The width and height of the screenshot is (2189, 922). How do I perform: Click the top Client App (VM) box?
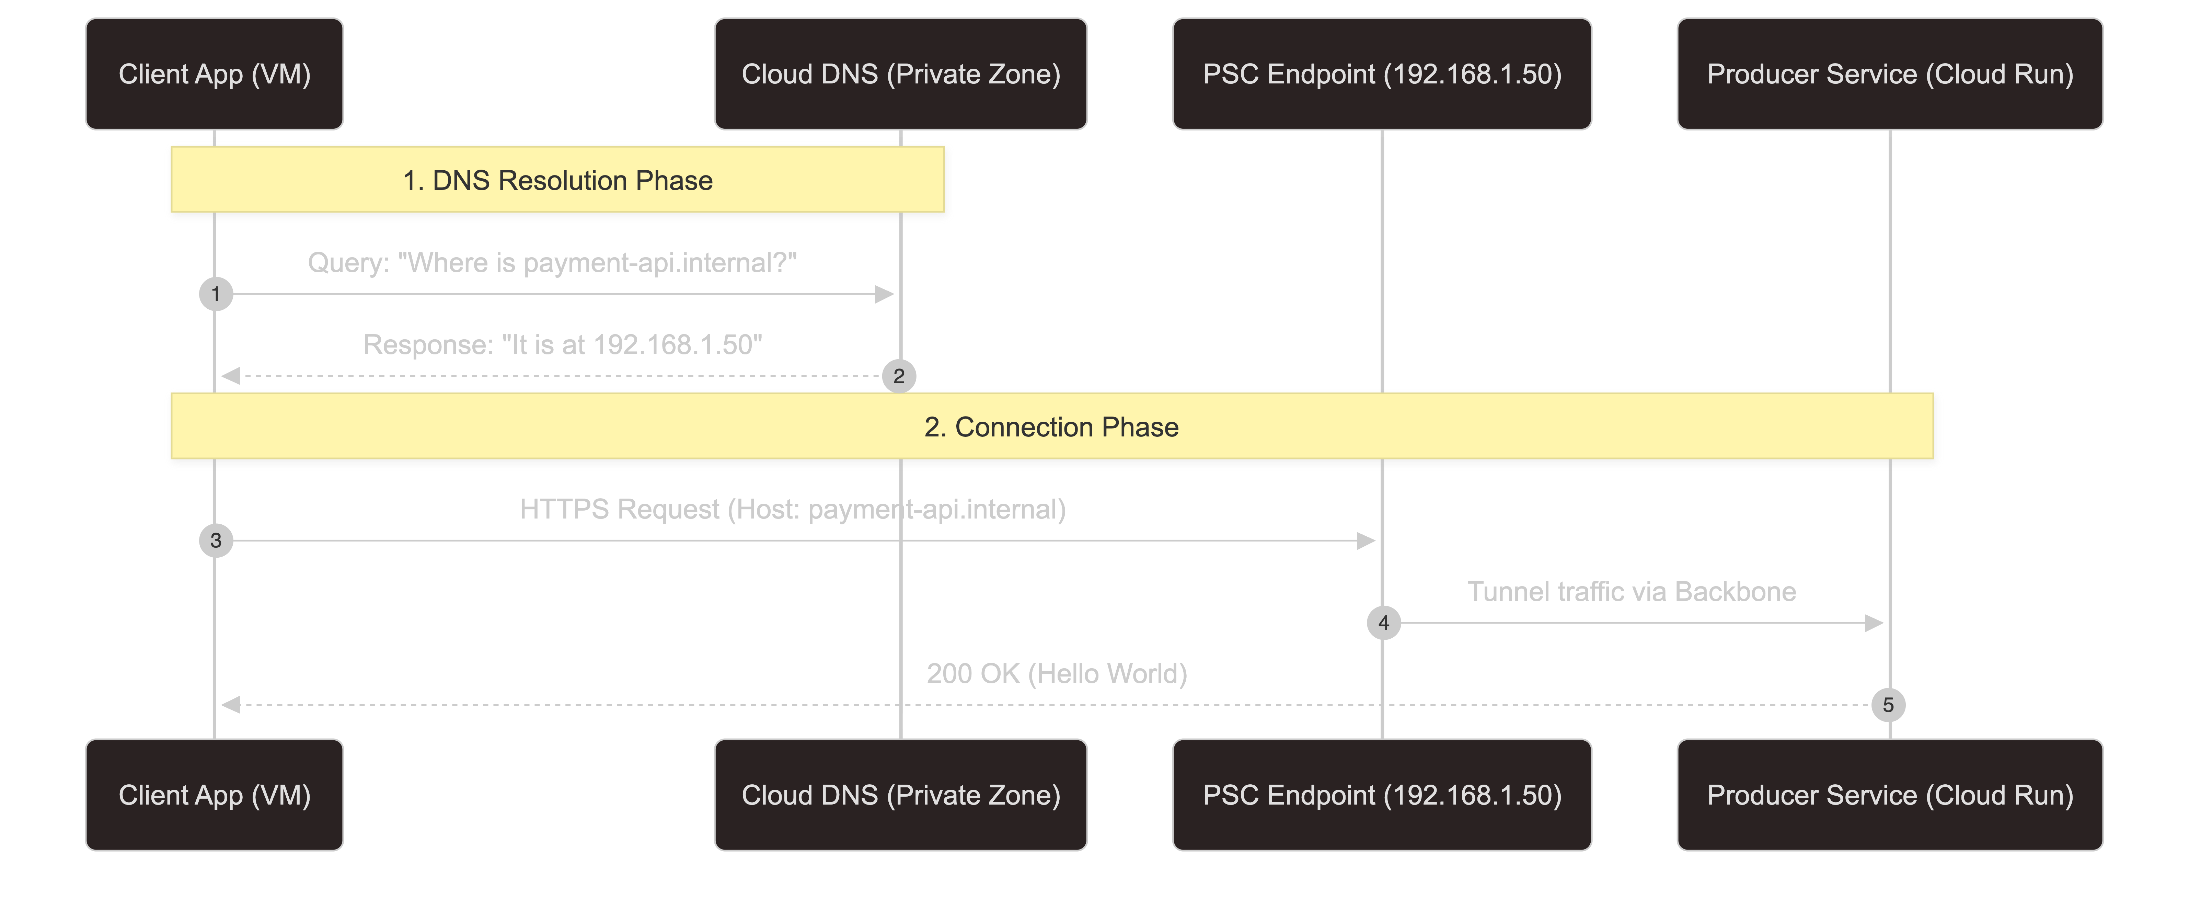pos(214,74)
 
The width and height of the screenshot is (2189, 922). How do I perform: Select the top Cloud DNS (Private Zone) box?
pos(901,74)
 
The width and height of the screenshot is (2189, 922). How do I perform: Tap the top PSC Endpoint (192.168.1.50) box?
pos(1382,74)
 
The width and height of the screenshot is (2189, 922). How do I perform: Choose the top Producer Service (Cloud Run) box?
pos(1890,74)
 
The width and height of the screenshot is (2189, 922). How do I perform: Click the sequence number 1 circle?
pos(216,294)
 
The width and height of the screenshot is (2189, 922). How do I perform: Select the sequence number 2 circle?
pos(899,376)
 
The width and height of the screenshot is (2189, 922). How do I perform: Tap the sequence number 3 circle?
pos(216,540)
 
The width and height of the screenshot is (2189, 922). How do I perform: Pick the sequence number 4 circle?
pos(1383,623)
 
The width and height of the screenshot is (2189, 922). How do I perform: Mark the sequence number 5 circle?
pos(1888,704)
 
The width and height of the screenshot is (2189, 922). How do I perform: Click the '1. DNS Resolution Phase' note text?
pos(557,181)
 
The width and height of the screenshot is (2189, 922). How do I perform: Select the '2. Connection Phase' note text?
pos(1051,428)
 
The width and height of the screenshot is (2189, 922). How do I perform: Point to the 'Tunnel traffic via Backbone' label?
pos(1632,591)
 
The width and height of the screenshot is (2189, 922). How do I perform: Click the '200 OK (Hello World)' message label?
pos(1056,674)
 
